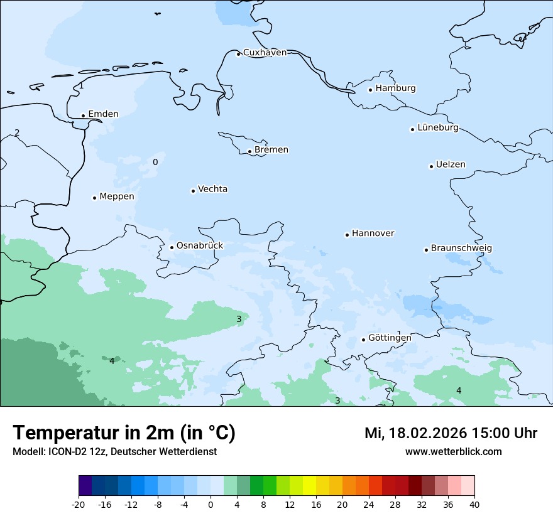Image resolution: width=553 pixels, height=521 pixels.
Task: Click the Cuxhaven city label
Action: click(x=265, y=53)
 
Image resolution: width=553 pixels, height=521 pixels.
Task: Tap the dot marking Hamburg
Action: click(x=370, y=90)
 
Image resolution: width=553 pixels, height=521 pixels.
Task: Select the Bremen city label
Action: click(x=271, y=150)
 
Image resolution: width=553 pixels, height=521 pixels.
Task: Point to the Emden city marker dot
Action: click(x=83, y=115)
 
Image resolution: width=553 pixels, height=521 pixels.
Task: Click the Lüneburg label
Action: click(x=437, y=128)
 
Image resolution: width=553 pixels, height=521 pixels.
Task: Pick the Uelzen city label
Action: click(x=451, y=165)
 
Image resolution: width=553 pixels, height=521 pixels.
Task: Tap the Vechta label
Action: click(x=212, y=190)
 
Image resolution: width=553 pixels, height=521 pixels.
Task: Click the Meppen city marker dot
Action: click(x=94, y=198)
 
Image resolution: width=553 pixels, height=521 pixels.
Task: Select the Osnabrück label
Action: click(x=199, y=246)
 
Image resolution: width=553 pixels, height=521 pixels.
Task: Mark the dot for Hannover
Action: click(x=347, y=235)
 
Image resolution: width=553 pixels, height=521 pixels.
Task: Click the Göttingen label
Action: click(x=390, y=338)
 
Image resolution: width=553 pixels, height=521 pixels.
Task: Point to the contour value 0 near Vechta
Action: click(x=155, y=163)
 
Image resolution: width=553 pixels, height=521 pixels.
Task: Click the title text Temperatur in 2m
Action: click(x=124, y=433)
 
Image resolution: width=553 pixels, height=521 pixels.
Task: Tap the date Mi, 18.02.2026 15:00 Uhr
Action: click(x=451, y=434)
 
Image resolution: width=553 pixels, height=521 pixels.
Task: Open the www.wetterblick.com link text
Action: click(x=453, y=452)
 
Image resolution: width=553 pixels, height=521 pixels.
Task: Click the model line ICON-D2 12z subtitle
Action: click(x=114, y=452)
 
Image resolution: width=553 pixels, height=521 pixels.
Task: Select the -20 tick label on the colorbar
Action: click(x=79, y=505)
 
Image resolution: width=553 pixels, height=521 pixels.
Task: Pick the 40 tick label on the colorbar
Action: click(x=474, y=505)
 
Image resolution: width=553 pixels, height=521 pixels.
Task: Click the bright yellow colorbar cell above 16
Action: click(x=309, y=486)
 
